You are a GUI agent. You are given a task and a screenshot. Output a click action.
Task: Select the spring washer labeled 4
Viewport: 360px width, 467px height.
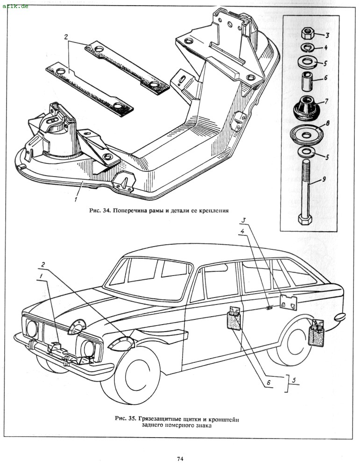[306, 47]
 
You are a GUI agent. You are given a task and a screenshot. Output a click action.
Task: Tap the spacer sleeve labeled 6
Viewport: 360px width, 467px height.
[306, 81]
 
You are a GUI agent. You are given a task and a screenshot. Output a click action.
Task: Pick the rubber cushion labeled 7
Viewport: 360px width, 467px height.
[306, 108]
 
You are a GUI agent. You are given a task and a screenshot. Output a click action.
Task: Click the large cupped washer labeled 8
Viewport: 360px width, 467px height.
[306, 134]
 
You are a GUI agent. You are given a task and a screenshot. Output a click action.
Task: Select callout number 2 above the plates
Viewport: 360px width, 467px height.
[66, 36]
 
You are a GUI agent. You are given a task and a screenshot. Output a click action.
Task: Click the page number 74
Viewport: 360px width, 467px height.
[180, 459]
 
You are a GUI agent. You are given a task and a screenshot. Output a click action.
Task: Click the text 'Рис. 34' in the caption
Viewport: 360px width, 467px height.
[99, 211]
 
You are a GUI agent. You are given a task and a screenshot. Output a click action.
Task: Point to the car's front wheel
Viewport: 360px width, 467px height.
[132, 375]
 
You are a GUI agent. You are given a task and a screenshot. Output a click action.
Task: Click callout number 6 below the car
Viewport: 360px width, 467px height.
[268, 382]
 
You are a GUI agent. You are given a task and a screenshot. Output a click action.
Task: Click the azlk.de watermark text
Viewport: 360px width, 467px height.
[15, 7]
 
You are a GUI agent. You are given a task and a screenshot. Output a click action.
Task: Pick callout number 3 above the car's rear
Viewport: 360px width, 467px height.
[244, 219]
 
